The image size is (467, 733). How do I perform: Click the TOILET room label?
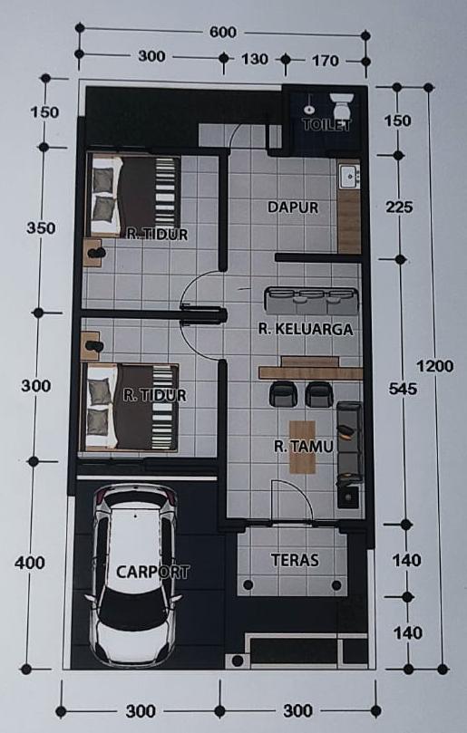[326, 125]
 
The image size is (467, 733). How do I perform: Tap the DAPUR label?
[293, 207]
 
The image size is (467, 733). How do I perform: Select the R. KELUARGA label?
[305, 329]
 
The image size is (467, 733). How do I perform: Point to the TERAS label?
[295, 560]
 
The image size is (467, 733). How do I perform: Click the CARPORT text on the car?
[152, 572]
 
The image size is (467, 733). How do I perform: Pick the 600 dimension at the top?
[222, 33]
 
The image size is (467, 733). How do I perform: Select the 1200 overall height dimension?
[435, 366]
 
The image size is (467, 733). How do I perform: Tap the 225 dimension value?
[399, 207]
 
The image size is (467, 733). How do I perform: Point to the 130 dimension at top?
[255, 60]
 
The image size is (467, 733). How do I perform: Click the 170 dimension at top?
[324, 61]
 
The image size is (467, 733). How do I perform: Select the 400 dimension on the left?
[30, 563]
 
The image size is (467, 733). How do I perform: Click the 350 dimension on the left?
[41, 227]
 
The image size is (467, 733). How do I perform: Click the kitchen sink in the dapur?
[347, 177]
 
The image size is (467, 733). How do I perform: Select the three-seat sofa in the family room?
[311, 298]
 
